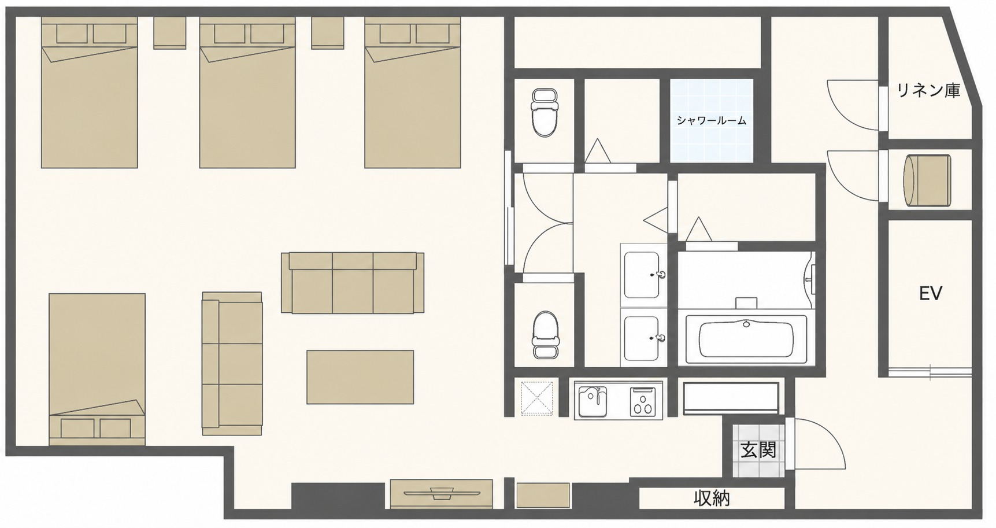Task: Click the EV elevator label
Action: tap(930, 294)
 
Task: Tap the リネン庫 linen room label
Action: tap(928, 90)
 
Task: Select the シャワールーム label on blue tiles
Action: tap(712, 120)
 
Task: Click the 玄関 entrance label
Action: tap(758, 450)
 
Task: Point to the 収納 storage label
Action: tap(712, 498)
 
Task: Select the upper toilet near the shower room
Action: tap(544, 112)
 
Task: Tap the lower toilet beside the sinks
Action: tap(545, 335)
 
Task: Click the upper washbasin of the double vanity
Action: tap(643, 275)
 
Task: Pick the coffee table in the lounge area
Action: tap(360, 377)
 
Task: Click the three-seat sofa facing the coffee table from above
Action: tap(353, 282)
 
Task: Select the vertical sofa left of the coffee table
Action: tap(232, 363)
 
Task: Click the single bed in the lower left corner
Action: tap(97, 369)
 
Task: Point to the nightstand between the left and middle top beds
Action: tap(169, 33)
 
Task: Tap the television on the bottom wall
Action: tap(442, 493)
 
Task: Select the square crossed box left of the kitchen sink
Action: tap(537, 398)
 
